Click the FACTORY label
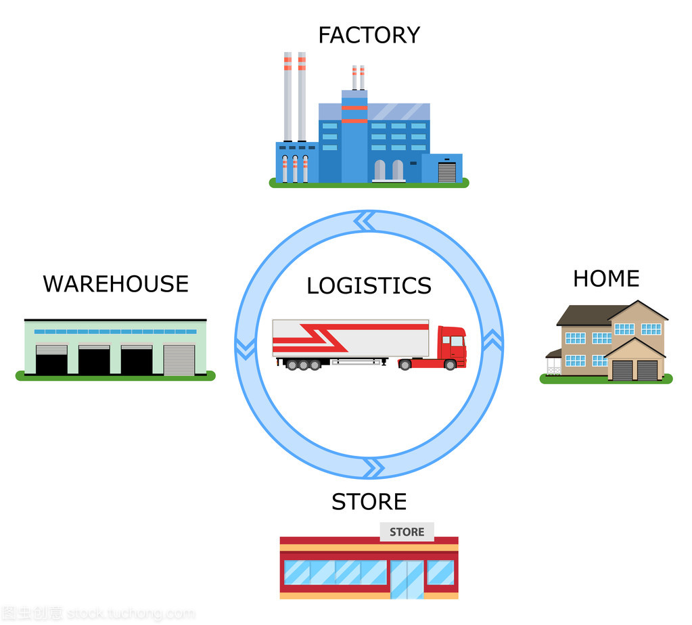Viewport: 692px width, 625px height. pyautogui.click(x=369, y=35)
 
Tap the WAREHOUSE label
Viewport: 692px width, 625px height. pyautogui.click(x=116, y=283)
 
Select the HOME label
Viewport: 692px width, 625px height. pyautogui.click(x=606, y=279)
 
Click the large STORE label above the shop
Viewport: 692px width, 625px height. pyautogui.click(x=369, y=502)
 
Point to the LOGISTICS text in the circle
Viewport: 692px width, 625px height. pyautogui.click(x=369, y=285)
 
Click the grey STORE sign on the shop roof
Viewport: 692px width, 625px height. pyautogui.click(x=407, y=532)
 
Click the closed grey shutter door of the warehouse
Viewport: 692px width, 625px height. pyautogui.click(x=179, y=360)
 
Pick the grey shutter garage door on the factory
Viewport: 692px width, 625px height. pyautogui.click(x=447, y=172)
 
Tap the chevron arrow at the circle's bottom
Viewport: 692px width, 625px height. pyautogui.click(x=371, y=467)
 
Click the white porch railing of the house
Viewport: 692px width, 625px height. pyautogui.click(x=554, y=366)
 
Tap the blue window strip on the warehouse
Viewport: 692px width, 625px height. pyautogui.click(x=115, y=331)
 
